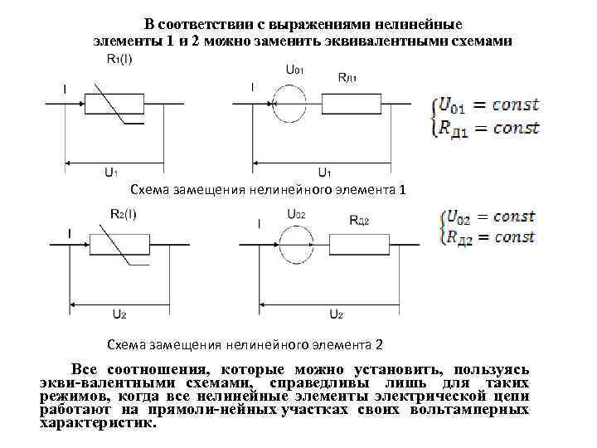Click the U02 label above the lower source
coord(296,214)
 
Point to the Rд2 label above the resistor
coord(359,220)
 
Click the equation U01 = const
coord(489,105)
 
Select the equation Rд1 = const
coord(489,128)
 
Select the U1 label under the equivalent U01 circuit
coord(325,172)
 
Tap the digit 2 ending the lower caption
coord(380,343)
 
